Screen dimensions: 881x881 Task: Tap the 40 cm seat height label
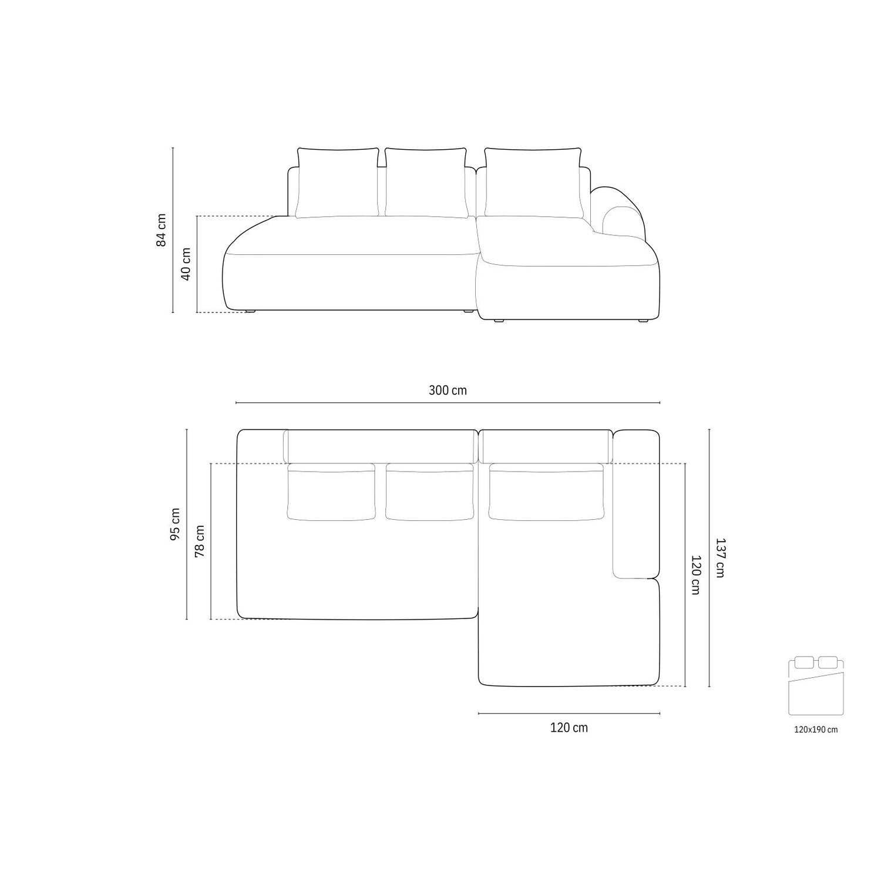pyautogui.click(x=186, y=264)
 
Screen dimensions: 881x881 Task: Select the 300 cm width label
pyautogui.click(x=448, y=390)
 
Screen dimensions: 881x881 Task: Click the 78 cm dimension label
pyautogui.click(x=200, y=541)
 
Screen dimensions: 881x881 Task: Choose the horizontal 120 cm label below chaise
pyautogui.click(x=569, y=728)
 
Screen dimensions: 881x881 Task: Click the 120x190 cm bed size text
pyautogui.click(x=816, y=729)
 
